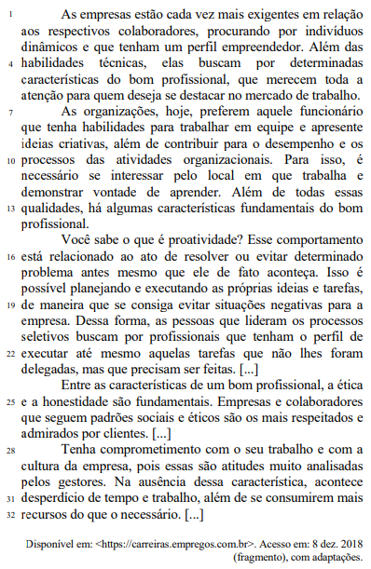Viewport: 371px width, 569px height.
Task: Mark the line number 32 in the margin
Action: pyautogui.click(x=10, y=515)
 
